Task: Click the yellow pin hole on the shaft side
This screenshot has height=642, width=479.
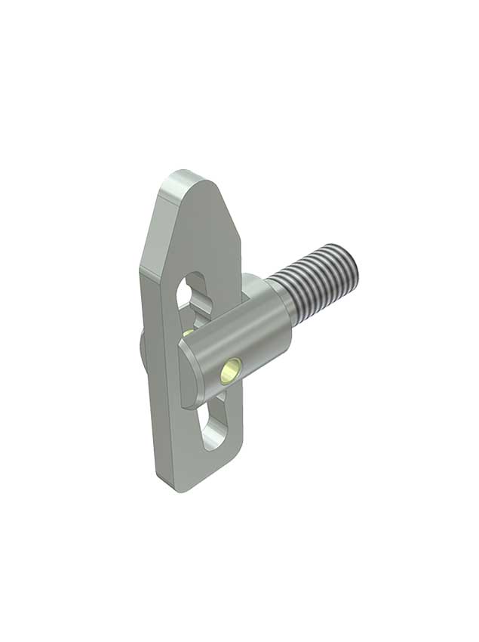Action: coord(229,370)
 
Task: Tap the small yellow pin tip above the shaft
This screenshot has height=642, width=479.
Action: coord(187,332)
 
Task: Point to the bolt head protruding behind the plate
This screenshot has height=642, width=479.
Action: coord(143,348)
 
